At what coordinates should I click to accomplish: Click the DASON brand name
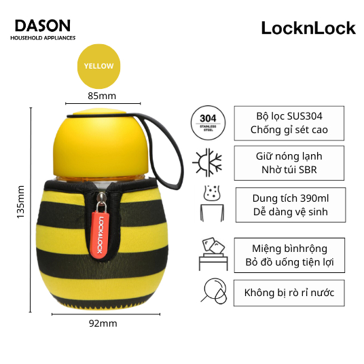[43, 26]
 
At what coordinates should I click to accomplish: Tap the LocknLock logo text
[308, 28]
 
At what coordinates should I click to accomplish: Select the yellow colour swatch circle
[99, 66]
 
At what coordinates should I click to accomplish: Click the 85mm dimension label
[102, 96]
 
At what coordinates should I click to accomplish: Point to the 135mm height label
[20, 202]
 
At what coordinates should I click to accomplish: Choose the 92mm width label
[103, 323]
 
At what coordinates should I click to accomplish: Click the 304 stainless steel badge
[208, 123]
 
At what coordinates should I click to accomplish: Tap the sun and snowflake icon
[207, 162]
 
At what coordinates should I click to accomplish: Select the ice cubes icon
[213, 254]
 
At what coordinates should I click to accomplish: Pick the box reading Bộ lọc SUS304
[289, 123]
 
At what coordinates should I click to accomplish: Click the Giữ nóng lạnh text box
[289, 163]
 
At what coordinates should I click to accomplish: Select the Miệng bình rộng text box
[289, 255]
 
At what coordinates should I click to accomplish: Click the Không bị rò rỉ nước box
[289, 293]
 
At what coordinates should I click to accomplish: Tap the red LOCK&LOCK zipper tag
[100, 235]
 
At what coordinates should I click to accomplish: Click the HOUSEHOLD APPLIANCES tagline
[43, 38]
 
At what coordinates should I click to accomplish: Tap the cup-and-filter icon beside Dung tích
[212, 204]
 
